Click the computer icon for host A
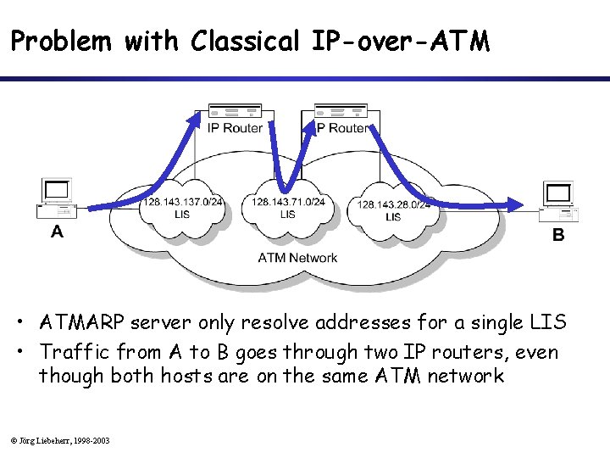[56, 200]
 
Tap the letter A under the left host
[57, 231]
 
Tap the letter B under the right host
[558, 236]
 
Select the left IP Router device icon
[235, 111]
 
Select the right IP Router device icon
[341, 110]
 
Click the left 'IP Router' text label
[235, 128]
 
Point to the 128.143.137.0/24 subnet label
[183, 203]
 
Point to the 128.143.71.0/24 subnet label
[288, 202]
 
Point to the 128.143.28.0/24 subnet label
[393, 204]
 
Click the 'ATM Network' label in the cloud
[297, 257]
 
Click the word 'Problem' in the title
[61, 41]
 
